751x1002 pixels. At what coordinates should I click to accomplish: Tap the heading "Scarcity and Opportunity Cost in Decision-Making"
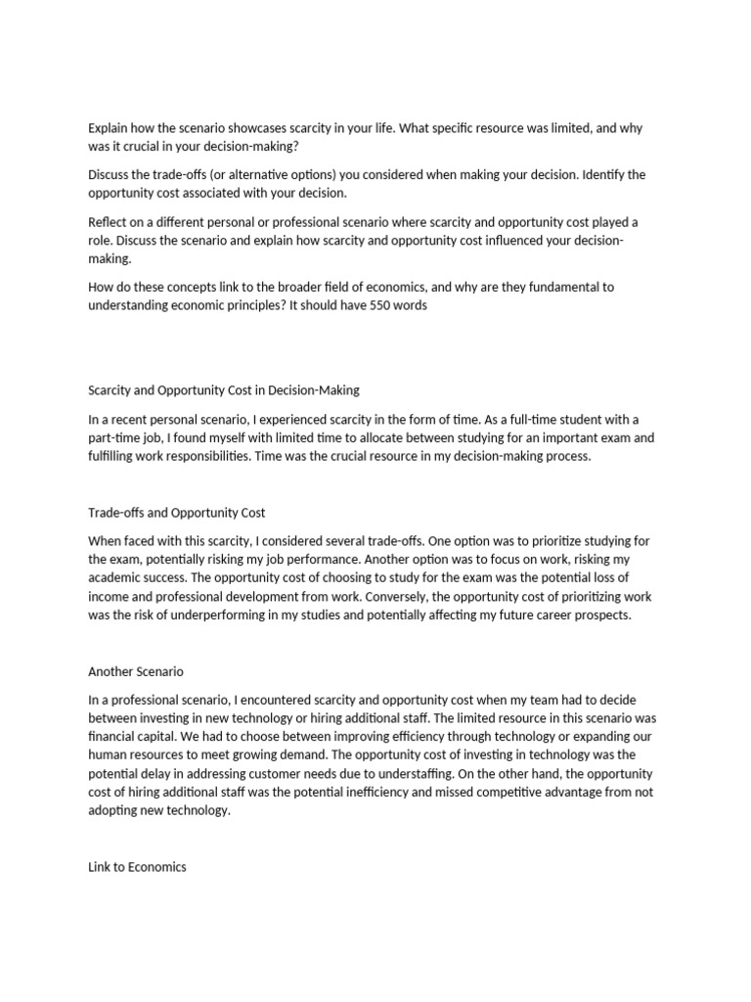coord(224,389)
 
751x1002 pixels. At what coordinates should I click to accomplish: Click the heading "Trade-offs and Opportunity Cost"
coord(177,512)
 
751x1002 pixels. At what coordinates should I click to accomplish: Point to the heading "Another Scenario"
coord(136,671)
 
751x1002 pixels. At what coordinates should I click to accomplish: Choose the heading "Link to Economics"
coord(137,867)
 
